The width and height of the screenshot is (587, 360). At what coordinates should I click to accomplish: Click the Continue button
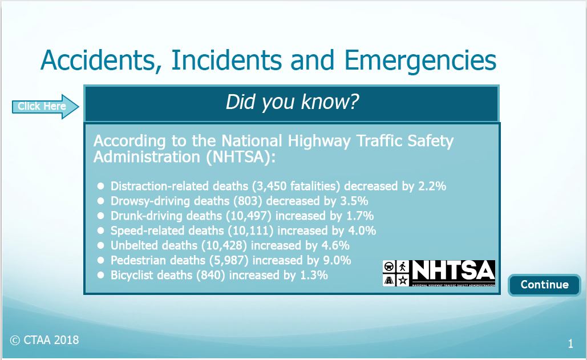click(x=544, y=285)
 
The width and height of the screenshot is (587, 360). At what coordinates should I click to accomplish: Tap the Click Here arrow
click(x=45, y=107)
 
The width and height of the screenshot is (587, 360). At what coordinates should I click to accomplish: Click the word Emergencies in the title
click(x=420, y=60)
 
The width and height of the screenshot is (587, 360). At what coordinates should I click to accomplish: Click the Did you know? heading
click(x=292, y=102)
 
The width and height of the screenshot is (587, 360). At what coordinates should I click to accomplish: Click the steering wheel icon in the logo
click(x=389, y=267)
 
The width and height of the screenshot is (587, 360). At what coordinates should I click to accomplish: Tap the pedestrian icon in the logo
click(x=403, y=267)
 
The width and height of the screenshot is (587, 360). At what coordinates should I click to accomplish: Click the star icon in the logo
click(x=403, y=280)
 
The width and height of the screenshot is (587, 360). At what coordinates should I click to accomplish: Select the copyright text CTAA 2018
click(x=44, y=340)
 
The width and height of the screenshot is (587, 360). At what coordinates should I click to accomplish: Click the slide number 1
click(x=570, y=343)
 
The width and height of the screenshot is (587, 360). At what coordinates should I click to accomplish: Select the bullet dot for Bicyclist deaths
click(x=100, y=275)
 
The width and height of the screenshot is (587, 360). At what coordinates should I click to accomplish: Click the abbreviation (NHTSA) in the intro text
click(x=240, y=157)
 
